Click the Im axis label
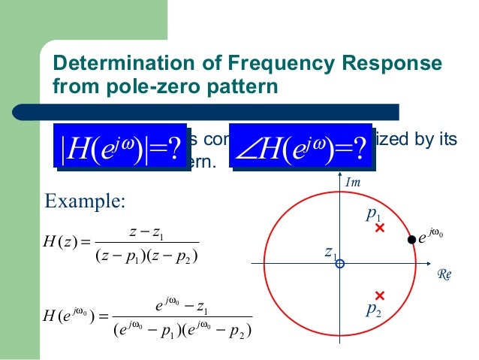click(352, 183)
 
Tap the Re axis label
click(445, 275)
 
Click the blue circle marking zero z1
click(339, 264)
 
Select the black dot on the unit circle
click(411, 240)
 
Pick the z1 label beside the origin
click(329, 253)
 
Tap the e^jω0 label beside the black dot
click(432, 238)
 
